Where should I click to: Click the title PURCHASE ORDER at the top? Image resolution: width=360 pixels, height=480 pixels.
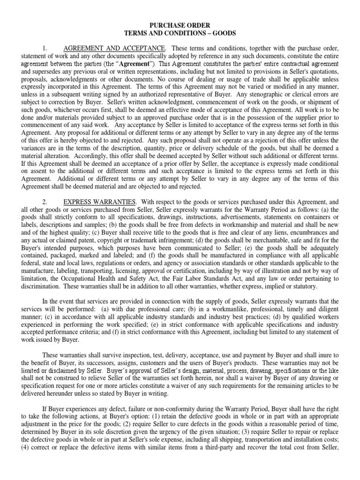(x=180, y=24)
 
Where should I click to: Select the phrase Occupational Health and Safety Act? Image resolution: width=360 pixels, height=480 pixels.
(x=105, y=278)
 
